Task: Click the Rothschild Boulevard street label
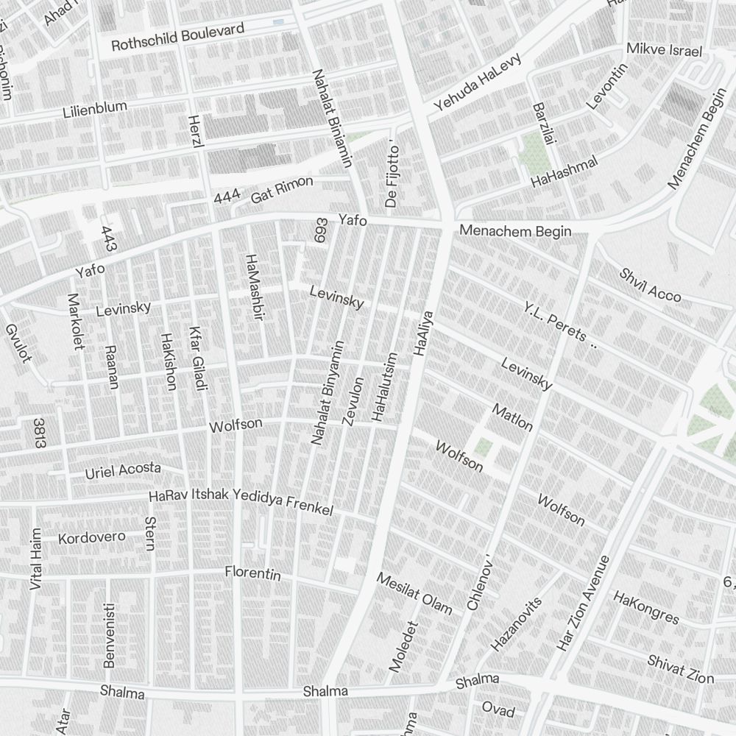177,38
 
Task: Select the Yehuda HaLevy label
477,82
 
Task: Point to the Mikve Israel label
664,51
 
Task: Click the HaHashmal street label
565,172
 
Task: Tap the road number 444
227,196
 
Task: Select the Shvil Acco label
650,285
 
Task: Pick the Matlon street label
512,417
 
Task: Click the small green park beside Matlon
483,447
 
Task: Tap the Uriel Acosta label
123,470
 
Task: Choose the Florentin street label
252,573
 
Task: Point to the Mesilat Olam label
414,593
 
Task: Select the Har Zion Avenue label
583,604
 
